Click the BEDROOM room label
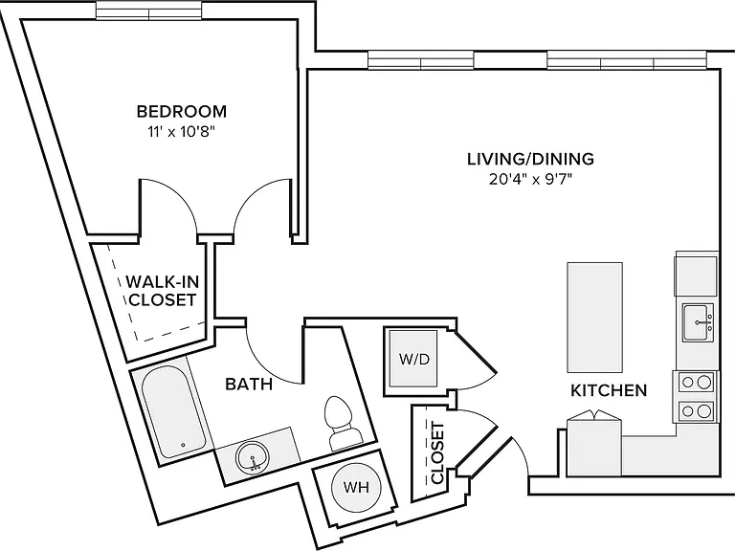(182, 112)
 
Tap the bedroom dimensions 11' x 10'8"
(182, 133)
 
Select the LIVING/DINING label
(530, 159)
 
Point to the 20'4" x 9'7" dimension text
(530, 180)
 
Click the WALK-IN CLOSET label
(162, 291)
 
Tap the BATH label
(249, 385)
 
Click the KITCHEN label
(609, 390)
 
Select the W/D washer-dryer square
(413, 359)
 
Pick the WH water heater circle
(356, 487)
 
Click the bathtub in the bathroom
(172, 413)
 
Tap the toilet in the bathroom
(342, 423)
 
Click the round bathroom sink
(253, 457)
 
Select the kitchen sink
(698, 322)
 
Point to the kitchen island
(595, 318)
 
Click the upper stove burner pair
(697, 382)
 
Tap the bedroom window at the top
(149, 11)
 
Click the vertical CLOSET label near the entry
(436, 452)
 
